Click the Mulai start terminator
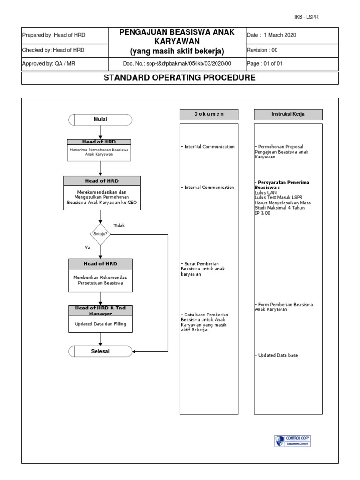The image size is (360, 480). tap(100, 120)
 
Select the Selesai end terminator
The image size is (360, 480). tap(100, 351)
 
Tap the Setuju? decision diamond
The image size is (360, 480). tap(100, 233)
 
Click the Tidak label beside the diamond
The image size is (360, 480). tap(120, 225)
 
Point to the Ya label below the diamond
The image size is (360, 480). tap(87, 247)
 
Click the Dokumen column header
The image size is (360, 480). tap(209, 114)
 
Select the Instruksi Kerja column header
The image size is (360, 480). tap(288, 114)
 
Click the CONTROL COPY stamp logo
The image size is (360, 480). tap(292, 441)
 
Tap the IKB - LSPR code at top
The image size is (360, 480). tap(306, 17)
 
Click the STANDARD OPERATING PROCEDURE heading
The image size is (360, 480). tap(180, 78)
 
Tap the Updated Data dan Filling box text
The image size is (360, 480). tap(100, 323)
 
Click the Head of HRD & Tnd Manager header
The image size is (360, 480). tap(100, 310)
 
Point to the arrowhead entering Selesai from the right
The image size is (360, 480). tap(135, 351)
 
